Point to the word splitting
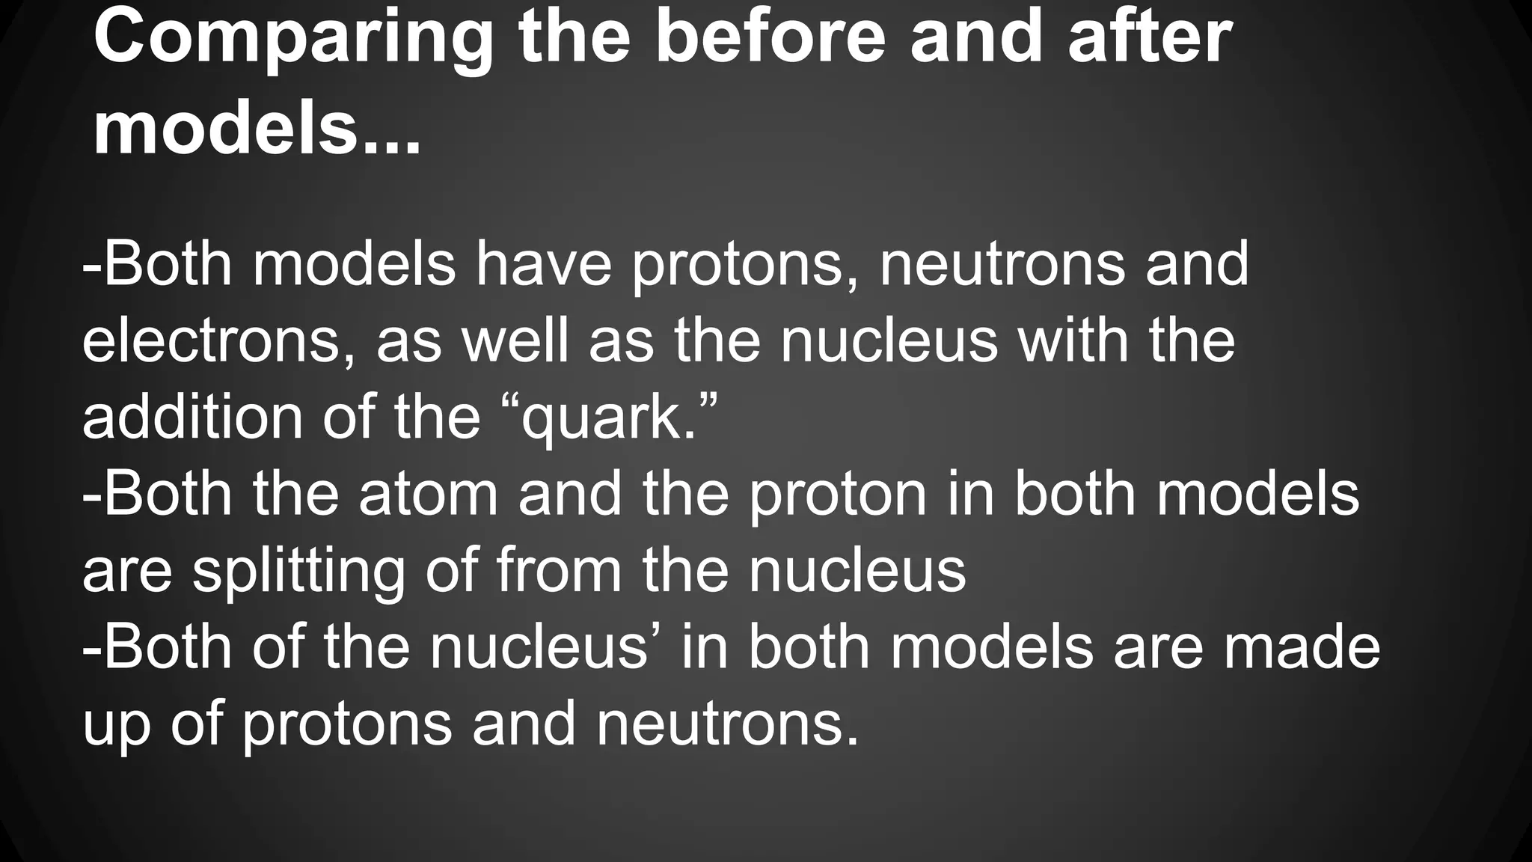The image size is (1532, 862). [298, 572]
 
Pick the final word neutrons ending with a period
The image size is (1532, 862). [726, 724]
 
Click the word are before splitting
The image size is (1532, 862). [127, 572]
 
